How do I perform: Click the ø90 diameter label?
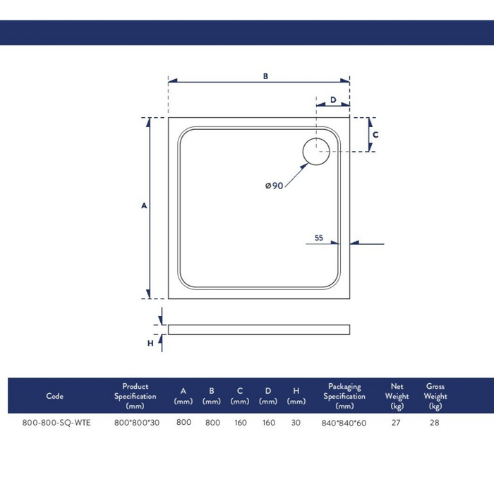tap(274, 186)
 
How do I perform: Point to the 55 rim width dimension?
tap(319, 239)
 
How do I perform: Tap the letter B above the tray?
tap(266, 76)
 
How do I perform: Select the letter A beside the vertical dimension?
tap(144, 206)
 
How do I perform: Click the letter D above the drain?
tap(332, 100)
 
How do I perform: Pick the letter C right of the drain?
tap(376, 134)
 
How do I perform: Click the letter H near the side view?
tap(150, 343)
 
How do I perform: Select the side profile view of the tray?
tap(259, 329)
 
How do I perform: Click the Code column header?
tap(55, 396)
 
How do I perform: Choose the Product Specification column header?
tap(135, 396)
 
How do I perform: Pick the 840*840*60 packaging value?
tap(344, 423)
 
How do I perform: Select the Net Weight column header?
tap(397, 396)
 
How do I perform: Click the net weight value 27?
tap(396, 423)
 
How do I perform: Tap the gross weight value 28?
tap(435, 423)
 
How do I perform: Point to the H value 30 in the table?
tap(296, 423)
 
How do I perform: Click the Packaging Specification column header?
tap(344, 396)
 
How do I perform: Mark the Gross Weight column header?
tap(435, 396)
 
